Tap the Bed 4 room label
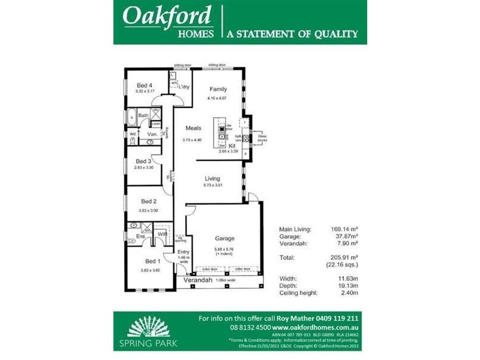point(145,85)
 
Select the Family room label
point(218,89)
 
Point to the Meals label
point(193,128)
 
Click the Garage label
point(224,238)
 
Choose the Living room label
point(212,178)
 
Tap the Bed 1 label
point(153,261)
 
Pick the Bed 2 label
point(148,202)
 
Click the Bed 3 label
point(143,161)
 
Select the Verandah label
point(198,280)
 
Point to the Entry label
point(183,252)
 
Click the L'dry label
point(184,87)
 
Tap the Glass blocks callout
point(262,138)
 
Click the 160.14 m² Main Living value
point(345,229)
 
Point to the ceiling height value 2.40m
point(348,293)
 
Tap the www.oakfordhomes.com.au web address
point(316,328)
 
